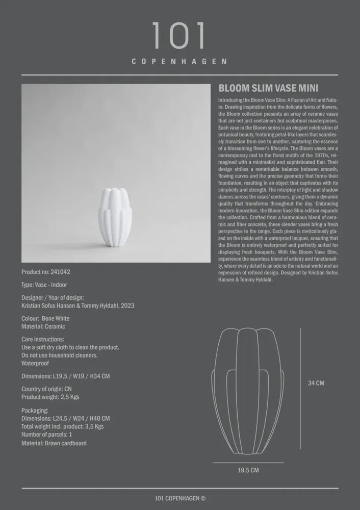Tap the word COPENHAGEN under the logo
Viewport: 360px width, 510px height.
179,62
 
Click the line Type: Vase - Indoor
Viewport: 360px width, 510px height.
44,285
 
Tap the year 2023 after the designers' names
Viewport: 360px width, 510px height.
127,306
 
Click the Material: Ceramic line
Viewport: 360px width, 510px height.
43,326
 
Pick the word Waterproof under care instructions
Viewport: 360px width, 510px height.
35,364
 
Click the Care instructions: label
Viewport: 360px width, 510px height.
43,339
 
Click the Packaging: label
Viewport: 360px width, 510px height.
35,410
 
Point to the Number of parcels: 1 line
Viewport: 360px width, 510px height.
47,435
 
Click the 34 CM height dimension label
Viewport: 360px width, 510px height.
316,383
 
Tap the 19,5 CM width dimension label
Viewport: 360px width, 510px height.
248,470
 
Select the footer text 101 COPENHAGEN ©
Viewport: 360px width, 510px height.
180,498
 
